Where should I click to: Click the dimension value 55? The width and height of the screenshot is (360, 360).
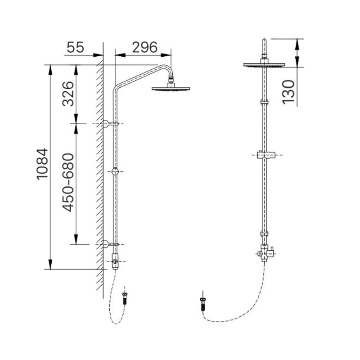tap(76, 47)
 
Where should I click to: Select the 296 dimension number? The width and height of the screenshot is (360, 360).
tap(144, 47)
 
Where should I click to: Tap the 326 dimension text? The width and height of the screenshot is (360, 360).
tap(68, 94)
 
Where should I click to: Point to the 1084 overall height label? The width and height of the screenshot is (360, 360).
tap(42, 164)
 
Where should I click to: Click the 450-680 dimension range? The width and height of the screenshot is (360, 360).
tap(68, 182)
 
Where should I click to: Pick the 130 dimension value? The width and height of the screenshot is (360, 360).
tap(288, 92)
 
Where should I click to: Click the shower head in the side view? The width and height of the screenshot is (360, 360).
tap(171, 88)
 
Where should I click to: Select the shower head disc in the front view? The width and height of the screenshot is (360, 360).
tap(264, 65)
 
